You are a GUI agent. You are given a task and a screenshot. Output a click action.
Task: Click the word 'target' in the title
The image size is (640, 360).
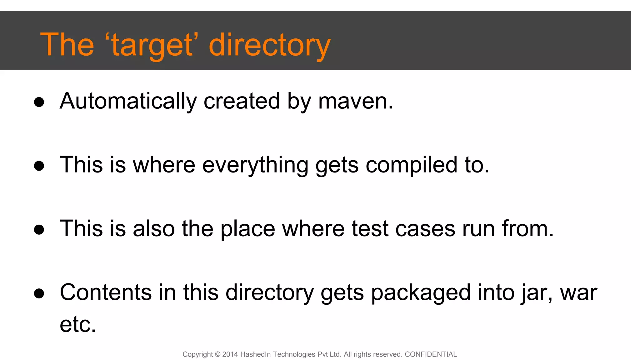(152, 45)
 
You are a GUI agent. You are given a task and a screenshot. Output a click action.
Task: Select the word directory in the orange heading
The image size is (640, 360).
(269, 45)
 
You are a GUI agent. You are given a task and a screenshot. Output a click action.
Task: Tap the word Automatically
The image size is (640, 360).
(128, 101)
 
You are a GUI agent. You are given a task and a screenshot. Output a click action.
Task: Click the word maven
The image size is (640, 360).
(355, 101)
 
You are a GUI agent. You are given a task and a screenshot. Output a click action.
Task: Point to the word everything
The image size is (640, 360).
(255, 165)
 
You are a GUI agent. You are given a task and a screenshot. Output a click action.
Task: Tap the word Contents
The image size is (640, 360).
(106, 292)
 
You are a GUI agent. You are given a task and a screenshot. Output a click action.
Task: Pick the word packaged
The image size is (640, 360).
(421, 293)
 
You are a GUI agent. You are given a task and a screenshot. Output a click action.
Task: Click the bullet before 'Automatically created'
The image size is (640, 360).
(39, 102)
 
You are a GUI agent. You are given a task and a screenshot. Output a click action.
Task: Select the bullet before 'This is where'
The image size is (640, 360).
(39, 166)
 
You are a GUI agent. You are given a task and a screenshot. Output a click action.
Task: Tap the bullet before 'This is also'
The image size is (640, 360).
(39, 230)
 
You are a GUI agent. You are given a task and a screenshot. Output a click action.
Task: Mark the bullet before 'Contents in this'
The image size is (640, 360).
(39, 293)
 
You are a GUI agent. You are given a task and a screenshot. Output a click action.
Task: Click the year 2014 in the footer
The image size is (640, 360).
(230, 354)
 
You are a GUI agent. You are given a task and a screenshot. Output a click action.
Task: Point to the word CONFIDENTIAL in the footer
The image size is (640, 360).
(431, 354)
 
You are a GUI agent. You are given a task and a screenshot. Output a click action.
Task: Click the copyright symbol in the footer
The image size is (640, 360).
(218, 354)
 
